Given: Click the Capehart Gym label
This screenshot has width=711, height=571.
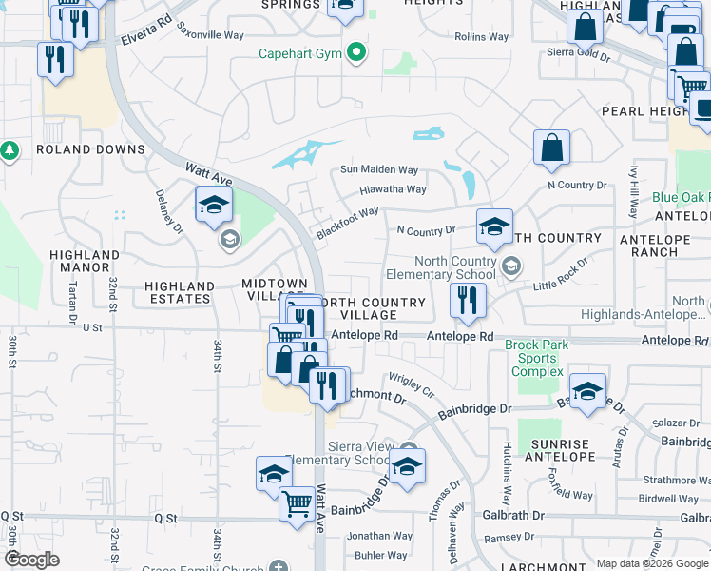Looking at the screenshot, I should point(300,53).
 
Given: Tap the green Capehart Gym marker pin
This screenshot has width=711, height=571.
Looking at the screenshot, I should point(356,52).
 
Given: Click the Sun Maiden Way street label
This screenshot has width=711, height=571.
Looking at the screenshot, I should point(380,170).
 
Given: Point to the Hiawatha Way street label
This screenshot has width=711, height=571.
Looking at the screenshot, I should point(393,189).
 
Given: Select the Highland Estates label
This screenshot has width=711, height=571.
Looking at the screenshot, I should point(180,292).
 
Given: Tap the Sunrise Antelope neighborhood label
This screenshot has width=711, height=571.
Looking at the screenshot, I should point(560,451).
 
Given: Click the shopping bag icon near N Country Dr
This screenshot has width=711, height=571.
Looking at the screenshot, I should point(551,148).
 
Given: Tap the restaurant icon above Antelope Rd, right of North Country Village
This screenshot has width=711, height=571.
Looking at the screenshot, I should point(467,302).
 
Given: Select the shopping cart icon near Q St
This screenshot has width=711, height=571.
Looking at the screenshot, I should point(297,502).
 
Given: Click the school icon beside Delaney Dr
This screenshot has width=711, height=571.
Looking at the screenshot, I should point(214,204).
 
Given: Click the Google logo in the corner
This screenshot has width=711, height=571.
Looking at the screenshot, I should point(31,560).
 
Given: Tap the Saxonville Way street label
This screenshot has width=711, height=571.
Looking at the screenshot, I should point(210,35).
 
